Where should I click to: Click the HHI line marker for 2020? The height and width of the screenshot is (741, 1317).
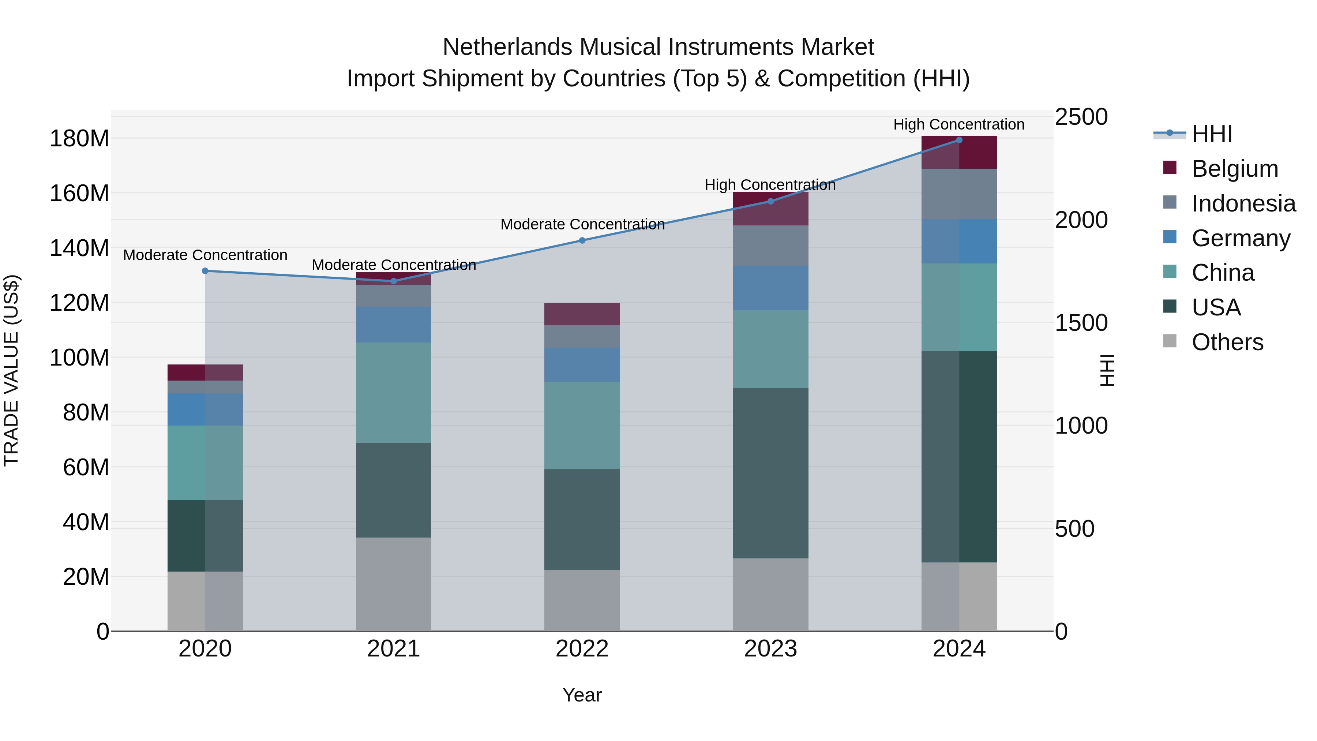(205, 271)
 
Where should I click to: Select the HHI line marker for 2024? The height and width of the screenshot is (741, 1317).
(959, 140)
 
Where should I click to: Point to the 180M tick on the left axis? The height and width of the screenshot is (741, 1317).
(79, 139)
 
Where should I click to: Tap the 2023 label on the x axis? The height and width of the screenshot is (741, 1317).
(770, 649)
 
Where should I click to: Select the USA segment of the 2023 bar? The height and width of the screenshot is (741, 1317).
(770, 473)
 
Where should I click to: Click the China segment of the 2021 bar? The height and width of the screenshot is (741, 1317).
(394, 392)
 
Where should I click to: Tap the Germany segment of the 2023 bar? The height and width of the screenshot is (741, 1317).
(770, 288)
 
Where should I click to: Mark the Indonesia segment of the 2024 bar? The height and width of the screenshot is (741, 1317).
(959, 194)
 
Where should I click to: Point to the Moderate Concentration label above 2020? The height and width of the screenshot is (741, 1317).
(205, 255)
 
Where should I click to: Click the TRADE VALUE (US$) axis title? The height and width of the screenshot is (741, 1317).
(12, 370)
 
